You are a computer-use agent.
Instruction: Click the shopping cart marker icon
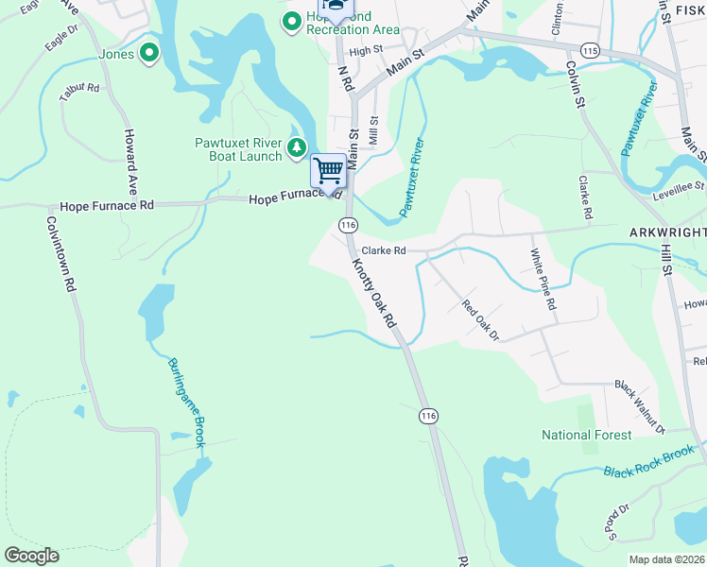coord(328,171)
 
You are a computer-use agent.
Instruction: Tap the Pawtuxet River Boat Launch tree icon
coord(297,146)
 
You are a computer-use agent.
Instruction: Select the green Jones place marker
coord(148,54)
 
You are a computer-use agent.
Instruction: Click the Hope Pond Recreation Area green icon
coord(293,20)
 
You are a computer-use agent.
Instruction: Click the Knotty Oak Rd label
coord(373,292)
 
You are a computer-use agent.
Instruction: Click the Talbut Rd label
coord(78,90)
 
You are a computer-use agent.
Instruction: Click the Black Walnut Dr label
coord(640,405)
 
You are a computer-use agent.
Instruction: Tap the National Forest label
coord(586,435)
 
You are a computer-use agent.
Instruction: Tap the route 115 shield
coord(592,49)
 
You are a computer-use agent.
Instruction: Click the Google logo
coord(31,556)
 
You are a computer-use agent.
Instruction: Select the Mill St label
coord(374,130)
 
